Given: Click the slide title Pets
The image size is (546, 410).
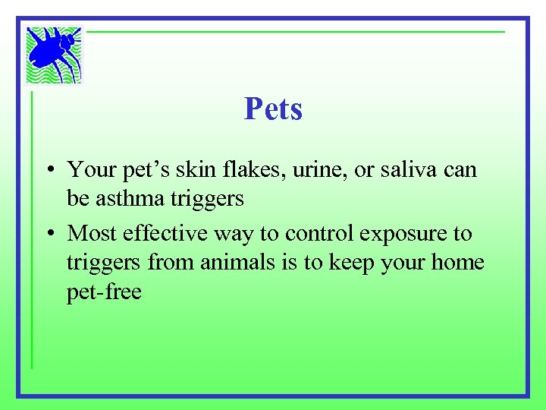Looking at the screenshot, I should [273, 109].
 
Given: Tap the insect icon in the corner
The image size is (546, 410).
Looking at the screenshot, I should [54, 55].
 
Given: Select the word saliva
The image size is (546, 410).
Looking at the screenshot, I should [410, 169].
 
